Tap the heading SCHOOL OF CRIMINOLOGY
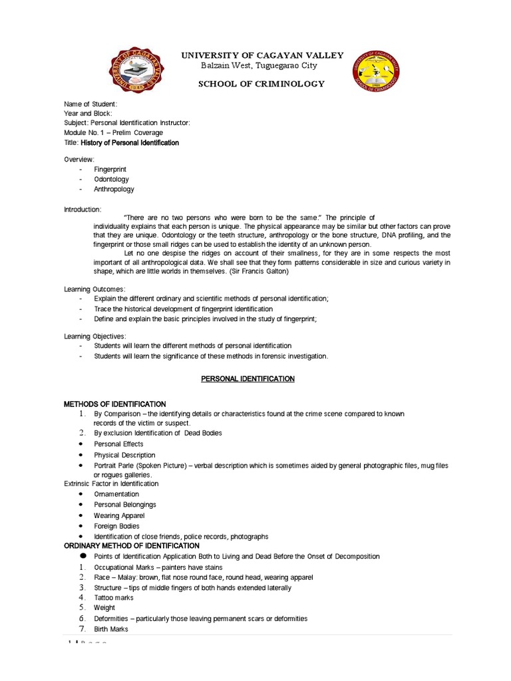click(263, 84)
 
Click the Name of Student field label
click(90, 104)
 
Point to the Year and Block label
click(88, 114)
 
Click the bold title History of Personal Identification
click(130, 142)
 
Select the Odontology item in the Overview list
click(111, 180)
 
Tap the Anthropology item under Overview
click(114, 190)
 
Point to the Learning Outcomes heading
click(94, 289)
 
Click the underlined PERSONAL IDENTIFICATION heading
click(248, 378)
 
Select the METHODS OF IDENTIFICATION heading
click(114, 404)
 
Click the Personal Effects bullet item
click(118, 444)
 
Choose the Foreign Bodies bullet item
click(116, 526)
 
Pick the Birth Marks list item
click(111, 628)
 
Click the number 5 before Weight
click(81, 608)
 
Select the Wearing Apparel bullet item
click(119, 515)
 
